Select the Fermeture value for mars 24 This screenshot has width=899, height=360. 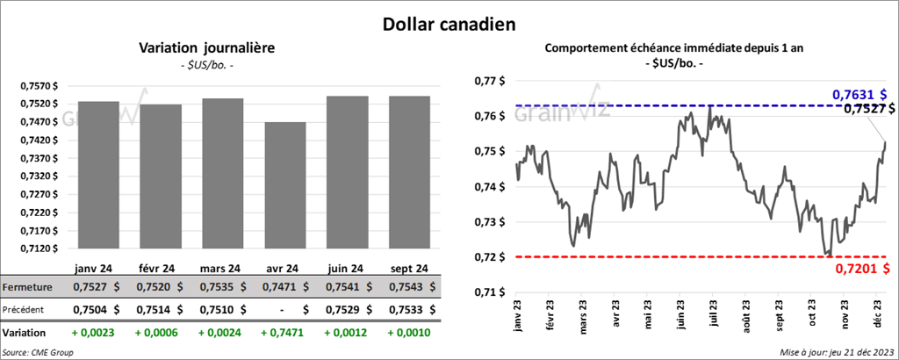222,287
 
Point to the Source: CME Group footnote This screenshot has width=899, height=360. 39,352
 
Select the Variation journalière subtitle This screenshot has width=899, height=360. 207,48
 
